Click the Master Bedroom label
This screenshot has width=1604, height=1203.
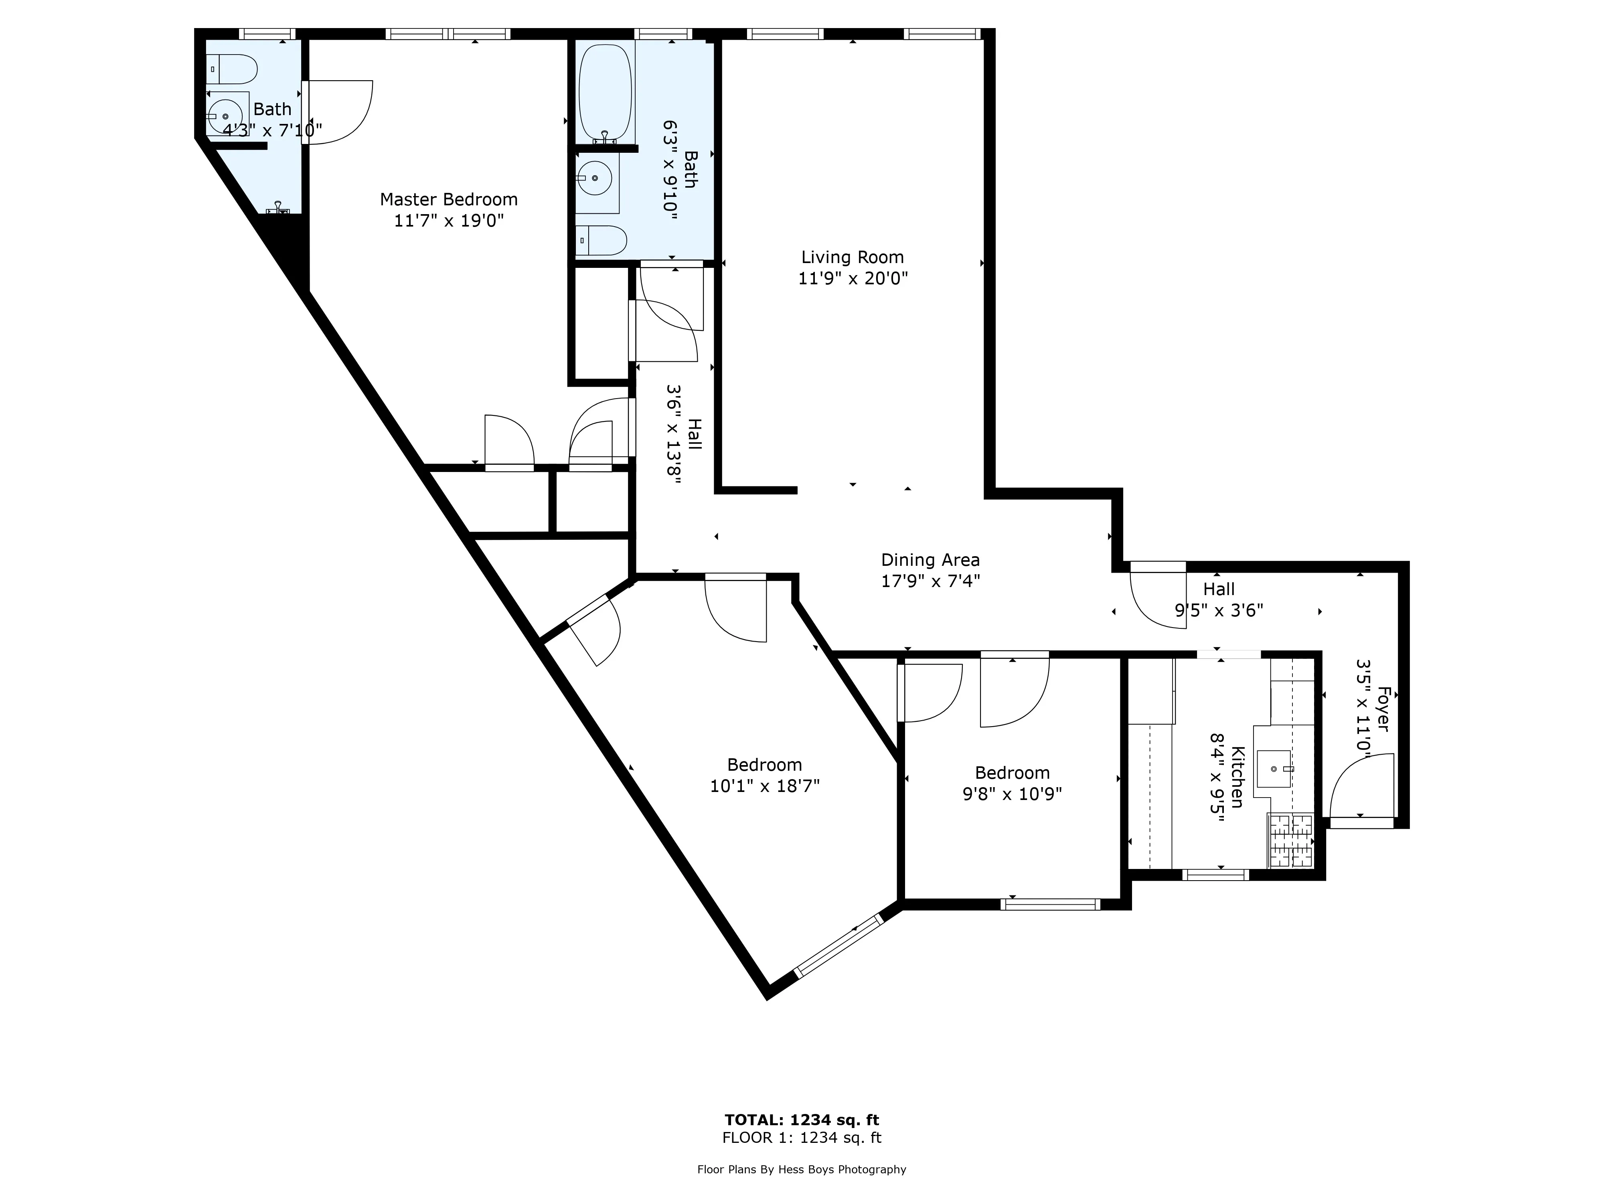tap(448, 199)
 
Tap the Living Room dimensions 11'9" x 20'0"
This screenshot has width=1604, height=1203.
tap(853, 278)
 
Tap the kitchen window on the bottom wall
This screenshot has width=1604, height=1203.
tap(1215, 875)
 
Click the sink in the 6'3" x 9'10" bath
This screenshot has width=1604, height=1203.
tap(595, 178)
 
